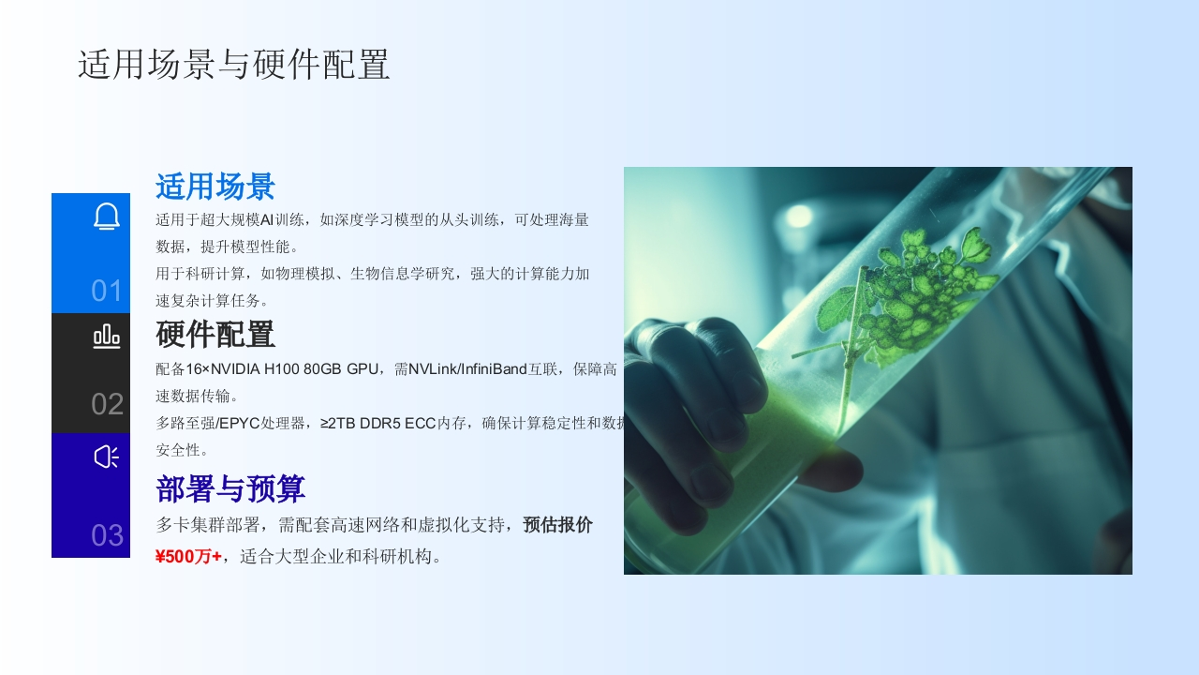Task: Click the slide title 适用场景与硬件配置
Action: [234, 65]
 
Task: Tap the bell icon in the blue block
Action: [107, 217]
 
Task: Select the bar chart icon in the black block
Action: [107, 337]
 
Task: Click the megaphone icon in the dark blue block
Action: [107, 457]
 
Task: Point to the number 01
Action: [107, 291]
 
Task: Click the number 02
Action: [107, 404]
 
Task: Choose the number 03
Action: [107, 535]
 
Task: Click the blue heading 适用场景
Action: [215, 187]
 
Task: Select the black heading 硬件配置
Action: [215, 334]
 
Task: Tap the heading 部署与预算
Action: [230, 488]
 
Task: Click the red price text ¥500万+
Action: [188, 557]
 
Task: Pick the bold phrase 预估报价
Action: [557, 525]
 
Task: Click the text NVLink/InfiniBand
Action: [467, 369]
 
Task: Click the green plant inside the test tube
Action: [905, 300]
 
